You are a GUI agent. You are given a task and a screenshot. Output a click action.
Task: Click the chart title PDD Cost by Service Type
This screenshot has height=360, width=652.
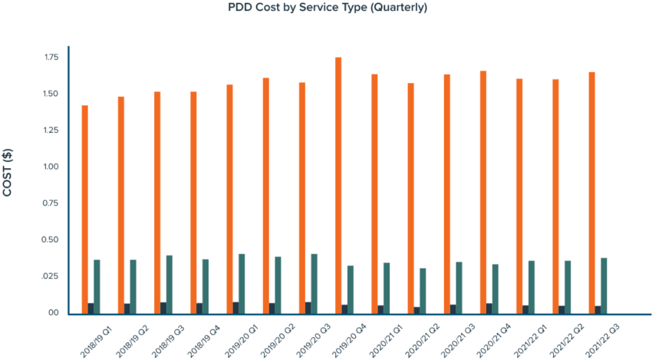pos(328,8)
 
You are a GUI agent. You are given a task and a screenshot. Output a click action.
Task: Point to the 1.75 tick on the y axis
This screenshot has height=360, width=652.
pos(52,58)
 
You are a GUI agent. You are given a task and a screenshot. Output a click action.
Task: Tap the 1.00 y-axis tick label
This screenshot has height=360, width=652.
pos(52,167)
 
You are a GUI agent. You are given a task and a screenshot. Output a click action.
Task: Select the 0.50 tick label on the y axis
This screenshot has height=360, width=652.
pos(52,240)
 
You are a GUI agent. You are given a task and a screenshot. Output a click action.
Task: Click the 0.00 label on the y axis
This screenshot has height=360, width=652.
pos(52,313)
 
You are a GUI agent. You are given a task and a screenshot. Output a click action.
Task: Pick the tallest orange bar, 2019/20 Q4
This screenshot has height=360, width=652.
pos(338,184)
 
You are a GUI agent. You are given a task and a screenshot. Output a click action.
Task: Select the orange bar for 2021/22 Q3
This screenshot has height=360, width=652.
pos(592,192)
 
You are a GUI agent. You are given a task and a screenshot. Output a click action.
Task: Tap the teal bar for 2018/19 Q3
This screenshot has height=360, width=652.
pos(170,284)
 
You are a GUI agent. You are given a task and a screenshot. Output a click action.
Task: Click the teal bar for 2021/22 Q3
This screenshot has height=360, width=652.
pos(604,285)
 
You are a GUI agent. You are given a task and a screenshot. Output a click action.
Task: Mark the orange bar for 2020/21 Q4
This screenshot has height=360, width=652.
pos(483,191)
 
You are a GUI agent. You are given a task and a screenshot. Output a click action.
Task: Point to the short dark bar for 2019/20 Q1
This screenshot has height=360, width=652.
pos(235,307)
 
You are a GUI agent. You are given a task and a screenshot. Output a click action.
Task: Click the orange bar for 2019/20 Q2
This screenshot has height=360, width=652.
pos(265,195)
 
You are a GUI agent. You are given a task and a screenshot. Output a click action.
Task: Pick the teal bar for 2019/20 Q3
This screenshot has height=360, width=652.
pos(314,283)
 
